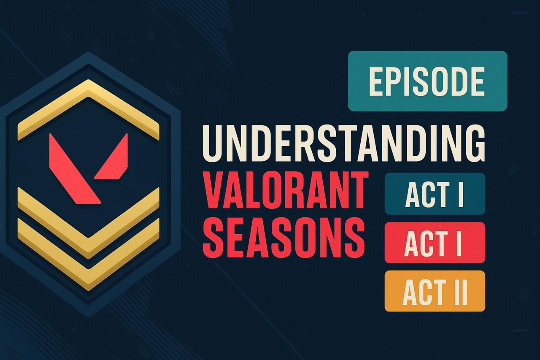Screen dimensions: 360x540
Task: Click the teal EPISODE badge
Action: tap(427, 81)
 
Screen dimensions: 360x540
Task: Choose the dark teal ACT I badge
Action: tap(435, 194)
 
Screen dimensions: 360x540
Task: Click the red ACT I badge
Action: tap(435, 243)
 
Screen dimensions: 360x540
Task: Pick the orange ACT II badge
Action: tap(435, 291)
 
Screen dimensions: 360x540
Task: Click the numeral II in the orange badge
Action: tap(459, 291)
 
